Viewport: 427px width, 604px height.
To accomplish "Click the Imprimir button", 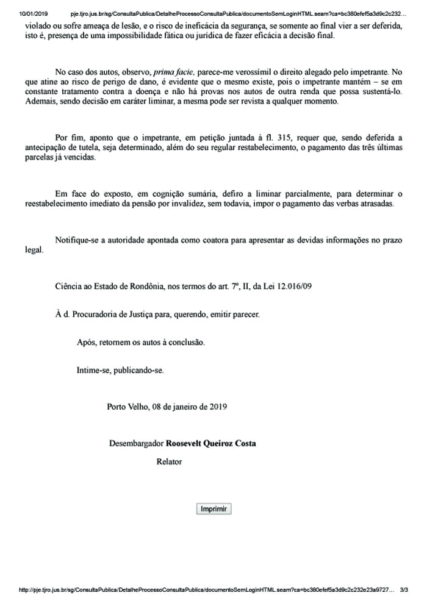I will click(213, 509).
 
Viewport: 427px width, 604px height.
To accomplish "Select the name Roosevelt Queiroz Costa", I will click(211, 443).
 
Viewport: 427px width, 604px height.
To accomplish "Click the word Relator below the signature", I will click(169, 461).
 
